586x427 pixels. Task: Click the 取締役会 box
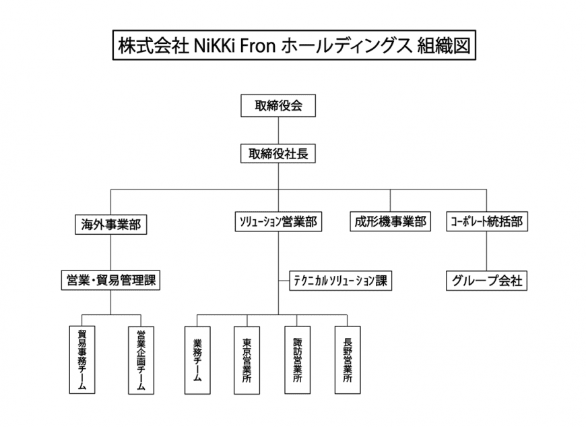pyautogui.click(x=278, y=105)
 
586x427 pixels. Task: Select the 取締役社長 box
pyautogui.click(x=278, y=153)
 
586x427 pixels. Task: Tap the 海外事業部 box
pyautogui.click(x=110, y=225)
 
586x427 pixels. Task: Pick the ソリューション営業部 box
pyautogui.click(x=278, y=221)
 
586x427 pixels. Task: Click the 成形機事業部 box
pyautogui.click(x=390, y=221)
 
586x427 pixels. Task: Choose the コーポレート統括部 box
pyautogui.click(x=486, y=221)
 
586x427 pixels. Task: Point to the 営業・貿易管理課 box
pyautogui.click(x=110, y=281)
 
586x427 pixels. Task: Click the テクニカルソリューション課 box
pyautogui.click(x=340, y=281)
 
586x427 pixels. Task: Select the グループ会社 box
pyautogui.click(x=486, y=281)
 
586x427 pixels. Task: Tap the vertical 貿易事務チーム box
pyautogui.click(x=82, y=360)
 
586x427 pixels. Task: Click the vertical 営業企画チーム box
pyautogui.click(x=141, y=360)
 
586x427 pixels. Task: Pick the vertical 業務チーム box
pyautogui.click(x=197, y=360)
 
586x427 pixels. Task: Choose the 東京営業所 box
pyautogui.click(x=247, y=360)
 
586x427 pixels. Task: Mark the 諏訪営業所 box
pyautogui.click(x=297, y=360)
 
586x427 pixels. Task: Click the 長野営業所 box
pyautogui.click(x=348, y=360)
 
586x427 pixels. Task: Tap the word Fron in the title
pyautogui.click(x=257, y=46)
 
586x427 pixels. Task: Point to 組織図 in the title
pyautogui.click(x=444, y=46)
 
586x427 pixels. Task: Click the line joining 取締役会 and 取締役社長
pyautogui.click(x=278, y=131)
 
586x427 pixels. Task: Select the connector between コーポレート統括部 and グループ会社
pyautogui.click(x=486, y=251)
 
